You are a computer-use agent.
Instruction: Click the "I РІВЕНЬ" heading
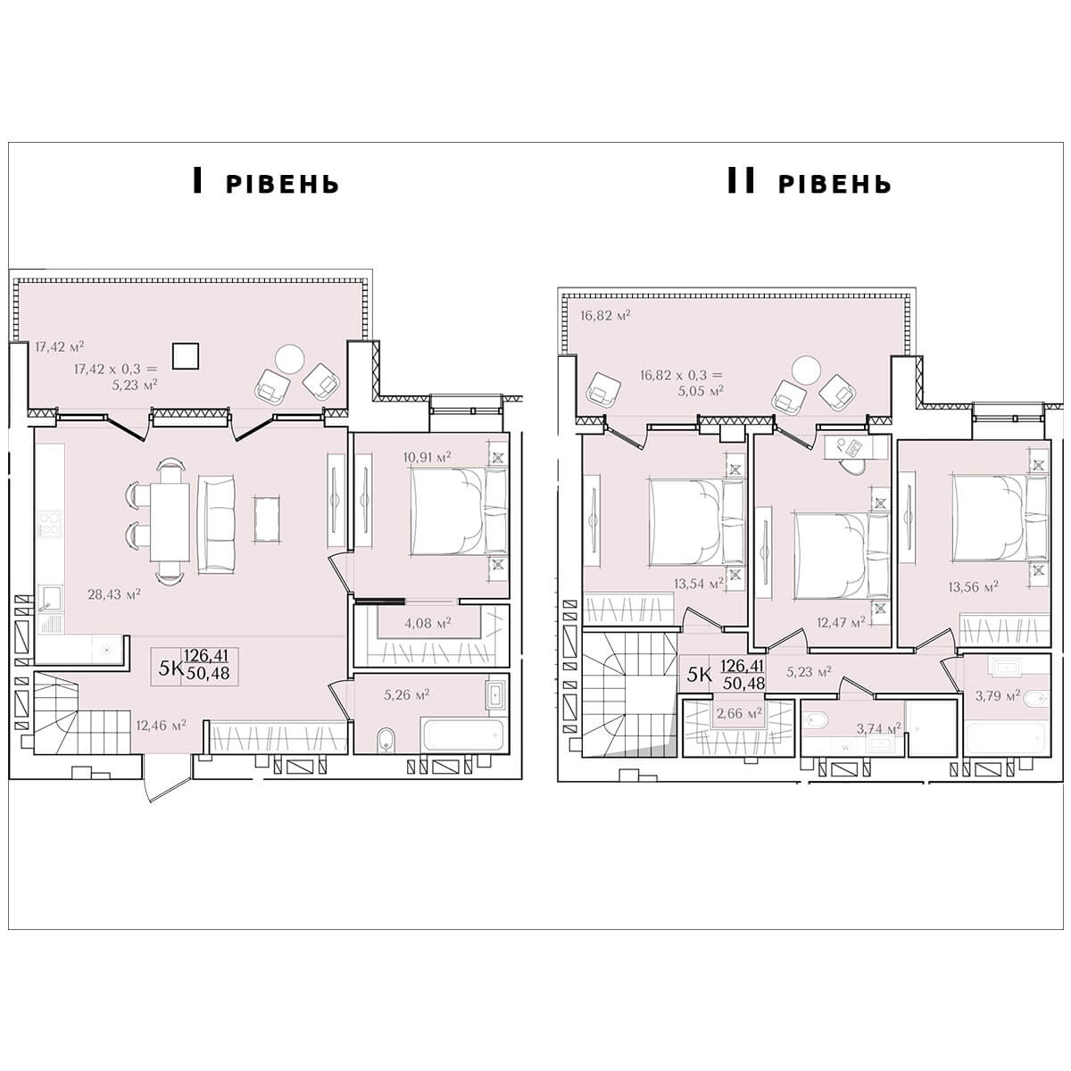click(266, 182)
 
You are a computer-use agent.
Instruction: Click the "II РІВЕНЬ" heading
click(809, 182)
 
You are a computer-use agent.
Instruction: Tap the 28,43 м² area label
click(114, 594)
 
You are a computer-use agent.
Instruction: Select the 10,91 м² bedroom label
click(427, 457)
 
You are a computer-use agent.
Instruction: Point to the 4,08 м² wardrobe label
click(428, 623)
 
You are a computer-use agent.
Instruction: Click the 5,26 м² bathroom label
click(407, 694)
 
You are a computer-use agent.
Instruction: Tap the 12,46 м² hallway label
click(162, 725)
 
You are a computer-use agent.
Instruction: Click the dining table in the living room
click(170, 522)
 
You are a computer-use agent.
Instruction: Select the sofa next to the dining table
click(216, 524)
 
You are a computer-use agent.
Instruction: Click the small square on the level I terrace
click(186, 356)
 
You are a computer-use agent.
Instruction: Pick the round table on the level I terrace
click(290, 359)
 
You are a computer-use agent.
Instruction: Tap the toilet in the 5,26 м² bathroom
click(385, 740)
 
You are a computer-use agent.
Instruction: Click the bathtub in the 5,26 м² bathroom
click(464, 735)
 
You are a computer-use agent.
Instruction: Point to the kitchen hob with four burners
click(49, 524)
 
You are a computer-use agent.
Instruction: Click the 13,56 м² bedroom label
click(973, 586)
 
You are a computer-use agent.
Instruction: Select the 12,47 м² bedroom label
click(841, 622)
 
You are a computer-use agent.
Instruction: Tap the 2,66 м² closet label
click(739, 712)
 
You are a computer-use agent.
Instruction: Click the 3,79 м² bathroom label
click(998, 694)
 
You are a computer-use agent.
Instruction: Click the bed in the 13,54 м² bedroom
click(696, 522)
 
